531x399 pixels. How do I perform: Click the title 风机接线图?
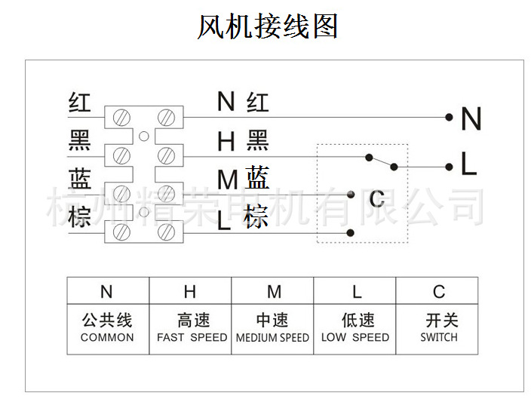[x=267, y=28]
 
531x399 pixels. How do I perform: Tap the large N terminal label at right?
[x=471, y=119]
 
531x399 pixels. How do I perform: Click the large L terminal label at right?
[x=468, y=165]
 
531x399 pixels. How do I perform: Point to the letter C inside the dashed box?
[x=376, y=199]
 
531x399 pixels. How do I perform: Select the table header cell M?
[x=274, y=292]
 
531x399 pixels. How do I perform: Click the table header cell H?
[x=190, y=292]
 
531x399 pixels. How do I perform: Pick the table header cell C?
[x=439, y=292]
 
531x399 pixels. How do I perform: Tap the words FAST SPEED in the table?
[x=192, y=337]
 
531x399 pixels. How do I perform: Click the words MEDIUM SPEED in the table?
[x=273, y=337]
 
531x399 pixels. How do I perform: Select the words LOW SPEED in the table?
[x=355, y=337]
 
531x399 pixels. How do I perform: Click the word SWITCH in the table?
[x=439, y=337]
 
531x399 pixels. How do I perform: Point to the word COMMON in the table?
[x=107, y=337]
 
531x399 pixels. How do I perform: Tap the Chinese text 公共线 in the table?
[x=107, y=321]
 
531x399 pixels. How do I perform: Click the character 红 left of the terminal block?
[x=79, y=102]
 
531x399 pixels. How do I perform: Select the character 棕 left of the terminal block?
[x=79, y=219]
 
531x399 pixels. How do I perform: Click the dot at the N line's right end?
[x=449, y=118]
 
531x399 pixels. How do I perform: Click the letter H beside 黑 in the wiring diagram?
[x=226, y=141]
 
